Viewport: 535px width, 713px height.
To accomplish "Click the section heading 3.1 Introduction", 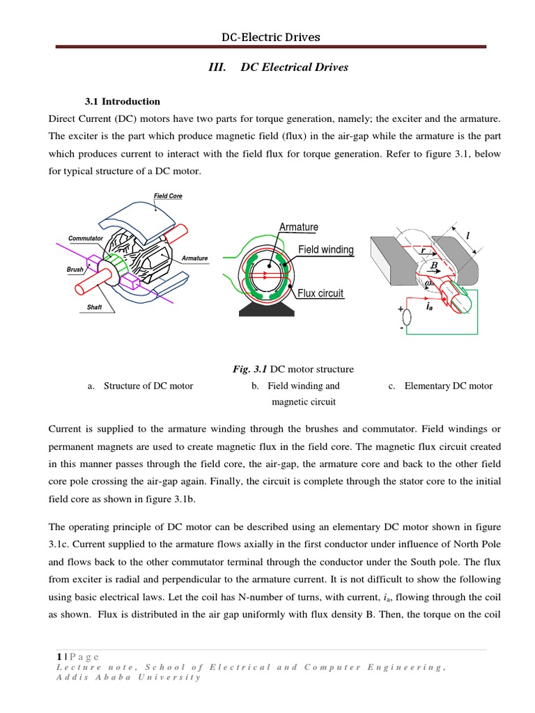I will [122, 102].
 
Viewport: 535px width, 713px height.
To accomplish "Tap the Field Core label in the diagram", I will [168, 196].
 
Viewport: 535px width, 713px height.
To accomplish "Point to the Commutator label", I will [86, 239].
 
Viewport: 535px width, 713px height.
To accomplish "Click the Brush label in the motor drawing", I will [75, 269].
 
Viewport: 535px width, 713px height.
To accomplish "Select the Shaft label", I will [95, 307].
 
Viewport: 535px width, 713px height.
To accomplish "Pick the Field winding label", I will [325, 249].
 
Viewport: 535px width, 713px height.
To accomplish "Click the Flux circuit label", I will [320, 293].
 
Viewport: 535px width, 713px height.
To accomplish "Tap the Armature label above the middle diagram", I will [298, 227].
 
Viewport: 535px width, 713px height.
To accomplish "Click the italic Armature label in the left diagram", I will [194, 258].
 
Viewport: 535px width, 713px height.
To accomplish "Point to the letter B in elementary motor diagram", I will [433, 265].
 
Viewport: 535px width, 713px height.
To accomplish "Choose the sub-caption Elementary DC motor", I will [448, 386].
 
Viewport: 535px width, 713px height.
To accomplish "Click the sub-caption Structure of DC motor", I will [148, 386].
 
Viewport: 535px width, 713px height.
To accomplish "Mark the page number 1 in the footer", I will [59, 657].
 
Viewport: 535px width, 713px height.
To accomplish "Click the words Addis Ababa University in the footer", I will [128, 677].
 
